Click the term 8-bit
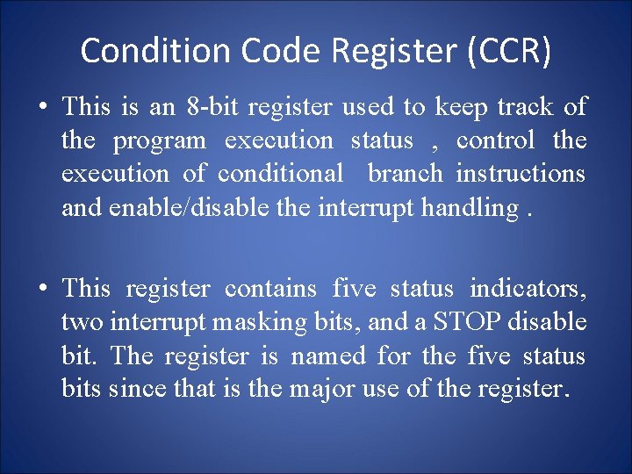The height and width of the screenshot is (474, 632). [x=214, y=108]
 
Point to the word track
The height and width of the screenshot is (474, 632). [x=525, y=108]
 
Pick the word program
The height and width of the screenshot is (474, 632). [x=159, y=141]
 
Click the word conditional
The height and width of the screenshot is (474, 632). [x=281, y=174]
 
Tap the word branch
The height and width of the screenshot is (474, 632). [x=406, y=174]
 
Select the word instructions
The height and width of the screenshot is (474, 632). [x=521, y=174]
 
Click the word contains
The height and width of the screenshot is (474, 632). [x=270, y=289]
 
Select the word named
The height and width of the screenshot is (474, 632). [x=329, y=355]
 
